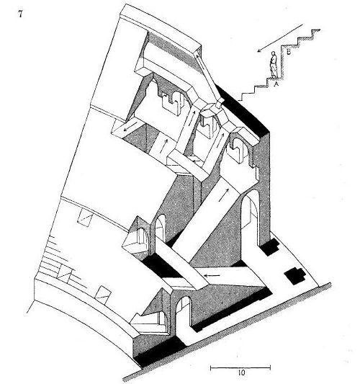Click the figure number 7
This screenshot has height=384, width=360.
click(21, 14)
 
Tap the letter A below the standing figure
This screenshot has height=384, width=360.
click(276, 84)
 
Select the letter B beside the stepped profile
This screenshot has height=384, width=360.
click(289, 52)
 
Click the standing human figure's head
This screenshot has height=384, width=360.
click(274, 53)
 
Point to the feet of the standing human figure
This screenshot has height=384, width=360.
click(274, 76)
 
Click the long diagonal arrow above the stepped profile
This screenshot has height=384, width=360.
click(280, 38)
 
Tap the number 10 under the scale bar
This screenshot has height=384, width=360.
click(241, 373)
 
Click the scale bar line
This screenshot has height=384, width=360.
click(240, 367)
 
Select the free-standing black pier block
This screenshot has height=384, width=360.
click(294, 276)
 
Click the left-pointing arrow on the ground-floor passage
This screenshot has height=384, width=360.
click(212, 276)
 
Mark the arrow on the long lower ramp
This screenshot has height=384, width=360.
click(224, 195)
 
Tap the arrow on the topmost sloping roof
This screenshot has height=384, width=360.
click(200, 62)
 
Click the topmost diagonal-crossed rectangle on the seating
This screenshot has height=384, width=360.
click(85, 218)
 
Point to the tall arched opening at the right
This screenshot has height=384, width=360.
click(250, 215)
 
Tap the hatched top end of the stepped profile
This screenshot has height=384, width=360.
click(315, 30)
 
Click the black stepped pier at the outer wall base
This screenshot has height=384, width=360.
click(269, 247)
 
